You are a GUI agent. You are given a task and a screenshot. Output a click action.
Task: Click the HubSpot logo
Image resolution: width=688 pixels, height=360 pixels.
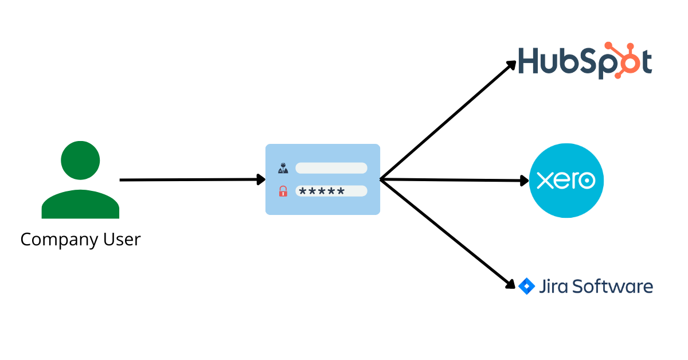pos(585,61)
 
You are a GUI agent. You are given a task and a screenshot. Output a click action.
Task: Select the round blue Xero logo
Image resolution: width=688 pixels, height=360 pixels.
pos(566,181)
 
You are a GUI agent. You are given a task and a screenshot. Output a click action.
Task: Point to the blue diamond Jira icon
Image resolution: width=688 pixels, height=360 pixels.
pos(526,285)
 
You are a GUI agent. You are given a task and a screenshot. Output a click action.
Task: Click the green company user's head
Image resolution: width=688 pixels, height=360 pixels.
pos(80,161)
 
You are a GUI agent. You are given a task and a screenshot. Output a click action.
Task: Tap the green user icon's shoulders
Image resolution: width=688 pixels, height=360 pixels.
pos(80,205)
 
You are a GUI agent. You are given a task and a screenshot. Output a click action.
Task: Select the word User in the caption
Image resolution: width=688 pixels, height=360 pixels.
pos(122,239)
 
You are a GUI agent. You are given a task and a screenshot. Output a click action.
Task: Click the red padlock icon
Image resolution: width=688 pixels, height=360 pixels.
pos(283,191)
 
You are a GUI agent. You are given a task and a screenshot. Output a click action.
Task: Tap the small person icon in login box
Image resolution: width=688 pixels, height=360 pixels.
pos(283,169)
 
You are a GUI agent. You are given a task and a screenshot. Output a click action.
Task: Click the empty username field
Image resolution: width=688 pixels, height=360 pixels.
pos(331,168)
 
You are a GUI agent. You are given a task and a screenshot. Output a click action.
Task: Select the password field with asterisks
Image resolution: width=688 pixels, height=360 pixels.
pos(331,191)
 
